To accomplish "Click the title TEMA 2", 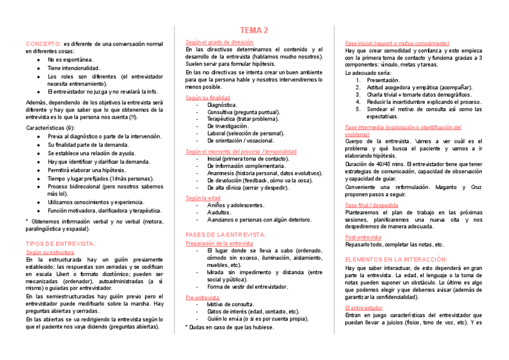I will point(254,31).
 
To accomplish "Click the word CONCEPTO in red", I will point(43,44).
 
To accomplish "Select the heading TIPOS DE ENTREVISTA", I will point(60,244).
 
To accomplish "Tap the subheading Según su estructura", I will point(50,253).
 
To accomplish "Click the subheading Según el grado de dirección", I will point(219,42).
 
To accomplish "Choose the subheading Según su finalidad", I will point(208,97).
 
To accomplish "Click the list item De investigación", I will point(227,127).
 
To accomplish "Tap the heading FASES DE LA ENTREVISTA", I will point(225,235).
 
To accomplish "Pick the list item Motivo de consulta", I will point(230,305).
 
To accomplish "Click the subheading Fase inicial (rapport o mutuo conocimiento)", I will point(397,43).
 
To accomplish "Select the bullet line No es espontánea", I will point(70,60).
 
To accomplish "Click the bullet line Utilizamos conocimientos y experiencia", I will point(96,202).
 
